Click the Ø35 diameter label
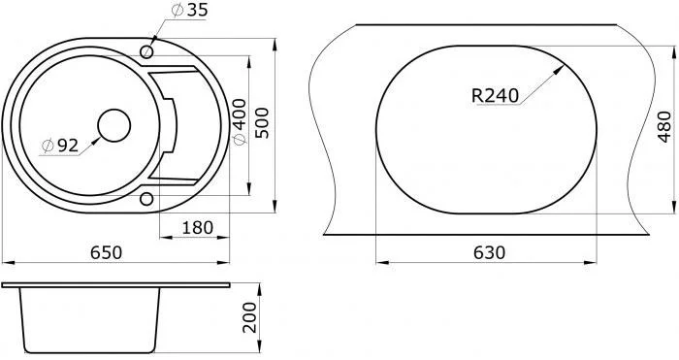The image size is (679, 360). point(190,10)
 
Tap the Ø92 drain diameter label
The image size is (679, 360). point(60,146)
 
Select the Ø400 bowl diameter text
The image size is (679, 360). point(239,122)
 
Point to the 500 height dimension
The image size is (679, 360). point(262,123)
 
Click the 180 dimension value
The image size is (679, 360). point(197,227)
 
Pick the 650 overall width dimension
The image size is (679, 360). point(106,252)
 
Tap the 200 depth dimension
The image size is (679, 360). point(249,317)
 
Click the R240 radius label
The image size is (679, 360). point(495,96)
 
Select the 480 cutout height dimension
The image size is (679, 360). point(663,126)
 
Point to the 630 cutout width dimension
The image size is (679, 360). point(489,252)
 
